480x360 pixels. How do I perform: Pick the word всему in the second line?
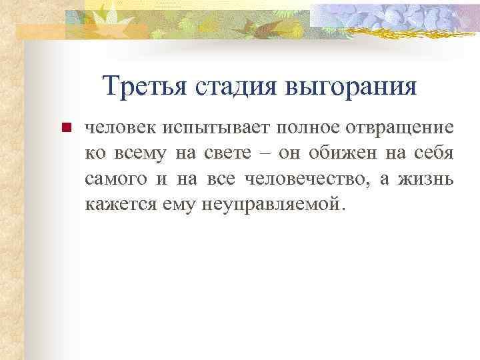[140, 153]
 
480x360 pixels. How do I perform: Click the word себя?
[436, 153]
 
